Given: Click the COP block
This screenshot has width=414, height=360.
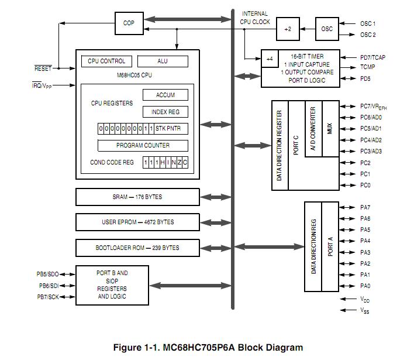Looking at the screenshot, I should pyautogui.click(x=129, y=23).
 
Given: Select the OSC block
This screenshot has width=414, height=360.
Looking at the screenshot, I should pyautogui.click(x=327, y=29).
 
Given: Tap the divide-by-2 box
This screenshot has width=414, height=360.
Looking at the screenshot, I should pyautogui.click(x=287, y=29).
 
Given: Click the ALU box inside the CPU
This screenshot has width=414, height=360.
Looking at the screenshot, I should pyautogui.click(x=163, y=61).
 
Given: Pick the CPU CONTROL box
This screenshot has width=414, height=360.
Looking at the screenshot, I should pyautogui.click(x=106, y=61).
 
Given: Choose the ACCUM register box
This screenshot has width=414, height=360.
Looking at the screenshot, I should pyautogui.click(x=165, y=95).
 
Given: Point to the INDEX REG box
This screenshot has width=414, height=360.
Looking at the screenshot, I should pyautogui.click(x=165, y=112).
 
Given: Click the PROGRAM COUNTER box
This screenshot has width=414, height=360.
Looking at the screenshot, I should pyautogui.click(x=143, y=145).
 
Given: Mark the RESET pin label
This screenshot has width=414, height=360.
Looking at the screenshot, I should pyautogui.click(x=43, y=68).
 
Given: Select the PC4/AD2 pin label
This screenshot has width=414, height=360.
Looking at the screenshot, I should pyautogui.click(x=371, y=140).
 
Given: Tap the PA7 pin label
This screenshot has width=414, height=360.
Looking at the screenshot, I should pyautogui.click(x=365, y=207).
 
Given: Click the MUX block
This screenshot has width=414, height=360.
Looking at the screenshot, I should pyautogui.click(x=330, y=129).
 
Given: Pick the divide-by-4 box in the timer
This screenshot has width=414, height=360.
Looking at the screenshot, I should pyautogui.click(x=269, y=59).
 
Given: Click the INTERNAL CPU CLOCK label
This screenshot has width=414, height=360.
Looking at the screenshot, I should pyautogui.click(x=255, y=18).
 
